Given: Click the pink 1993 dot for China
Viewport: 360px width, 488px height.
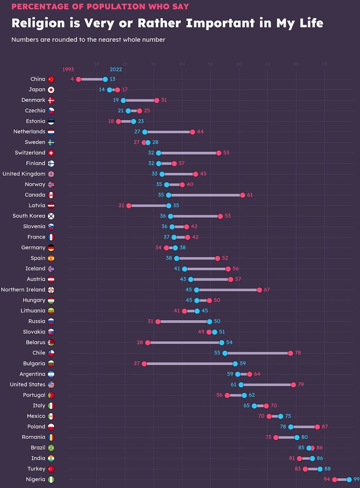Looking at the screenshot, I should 79,79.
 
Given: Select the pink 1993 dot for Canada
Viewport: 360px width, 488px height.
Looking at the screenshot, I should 242,195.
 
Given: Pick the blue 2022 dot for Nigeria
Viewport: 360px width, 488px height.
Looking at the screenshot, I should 349,480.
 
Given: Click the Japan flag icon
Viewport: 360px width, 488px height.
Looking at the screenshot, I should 51,90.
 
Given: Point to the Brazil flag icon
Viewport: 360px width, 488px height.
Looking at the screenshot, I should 51,448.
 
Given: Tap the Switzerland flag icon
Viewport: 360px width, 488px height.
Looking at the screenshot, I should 51,153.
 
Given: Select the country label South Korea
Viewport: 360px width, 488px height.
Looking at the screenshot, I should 29,216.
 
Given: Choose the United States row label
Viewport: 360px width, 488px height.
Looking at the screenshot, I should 28,385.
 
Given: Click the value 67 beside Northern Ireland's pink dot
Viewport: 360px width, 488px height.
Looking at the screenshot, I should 267,290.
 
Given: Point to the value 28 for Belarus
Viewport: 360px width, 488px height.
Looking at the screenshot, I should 140,342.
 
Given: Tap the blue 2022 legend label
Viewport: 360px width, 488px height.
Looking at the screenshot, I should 116,69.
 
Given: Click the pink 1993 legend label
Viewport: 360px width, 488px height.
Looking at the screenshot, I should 68,69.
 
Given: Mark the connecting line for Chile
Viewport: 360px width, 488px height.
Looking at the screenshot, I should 258,353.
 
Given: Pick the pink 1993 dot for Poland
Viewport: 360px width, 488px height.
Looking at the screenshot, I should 317,427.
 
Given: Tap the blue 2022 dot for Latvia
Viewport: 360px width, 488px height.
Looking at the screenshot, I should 169,206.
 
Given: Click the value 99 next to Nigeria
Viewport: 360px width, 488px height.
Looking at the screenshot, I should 356,480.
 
